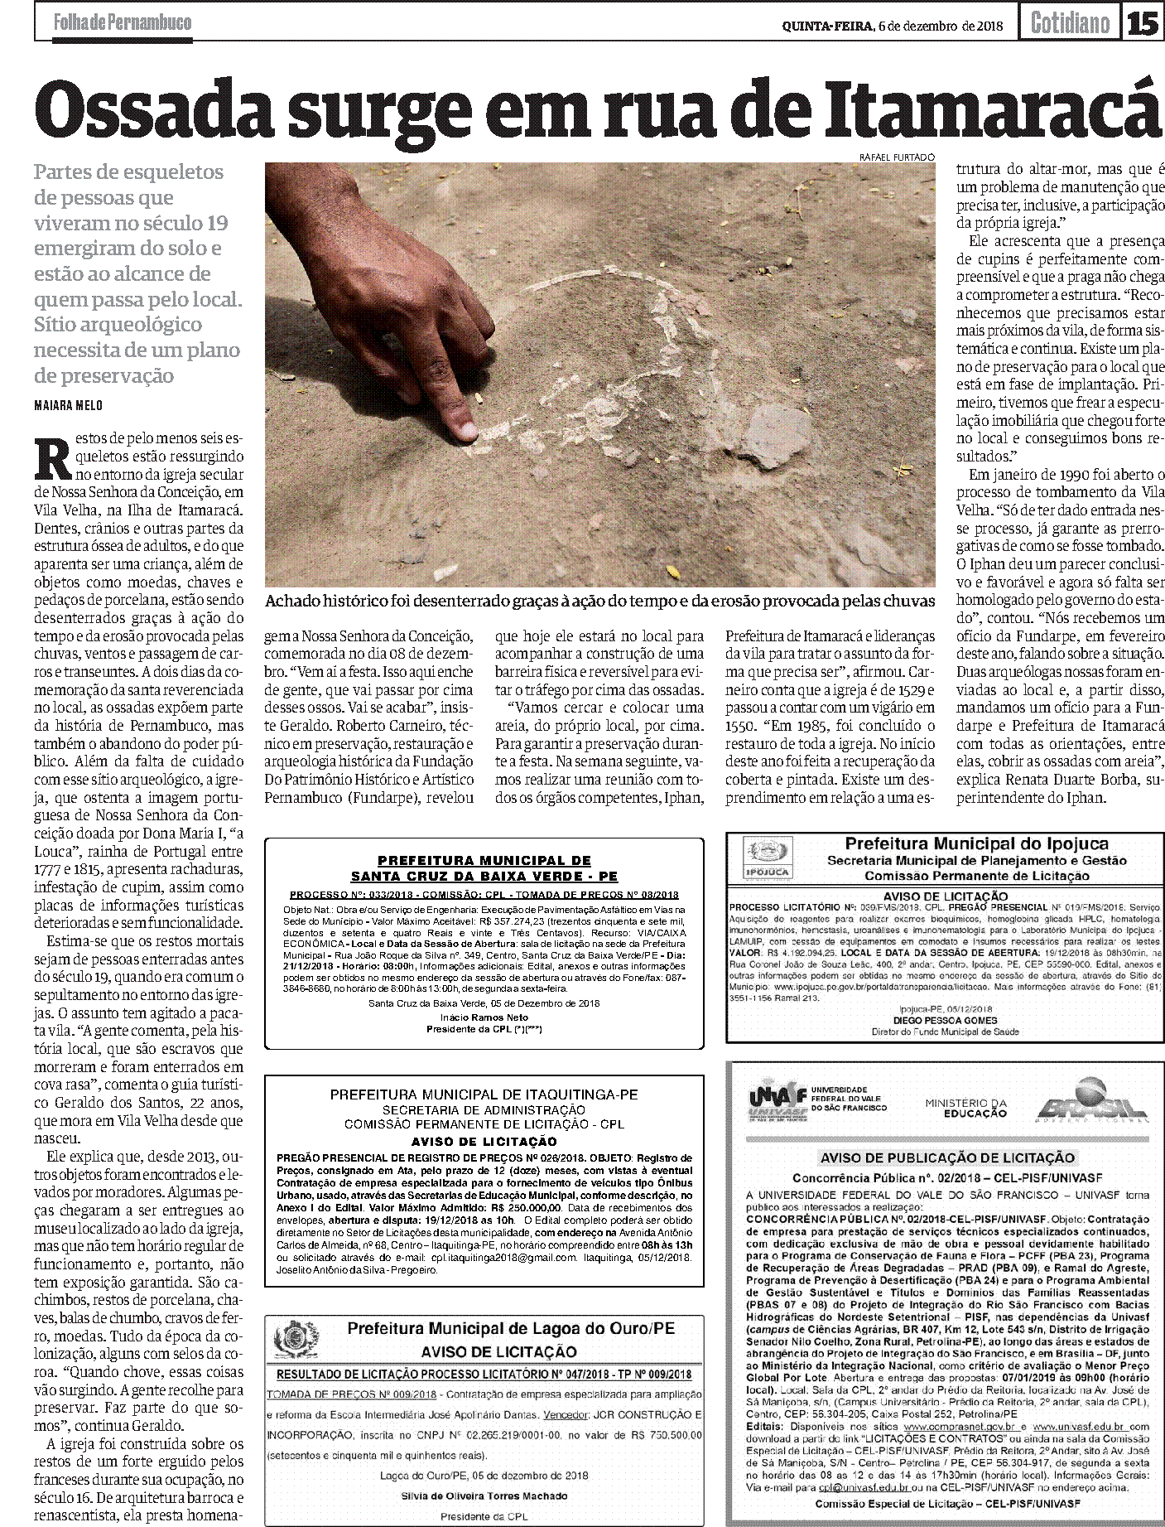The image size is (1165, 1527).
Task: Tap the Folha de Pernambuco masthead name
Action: point(122,22)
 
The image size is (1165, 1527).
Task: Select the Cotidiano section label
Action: point(1069,22)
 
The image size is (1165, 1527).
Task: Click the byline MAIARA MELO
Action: point(70,405)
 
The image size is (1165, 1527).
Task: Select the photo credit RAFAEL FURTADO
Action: point(897,157)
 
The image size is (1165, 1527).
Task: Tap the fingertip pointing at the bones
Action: point(465,431)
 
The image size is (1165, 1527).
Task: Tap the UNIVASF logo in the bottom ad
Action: point(778,1105)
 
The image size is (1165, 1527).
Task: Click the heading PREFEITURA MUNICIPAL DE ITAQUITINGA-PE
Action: point(484,1094)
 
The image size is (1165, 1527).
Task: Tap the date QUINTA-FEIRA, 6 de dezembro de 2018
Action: point(893,25)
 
